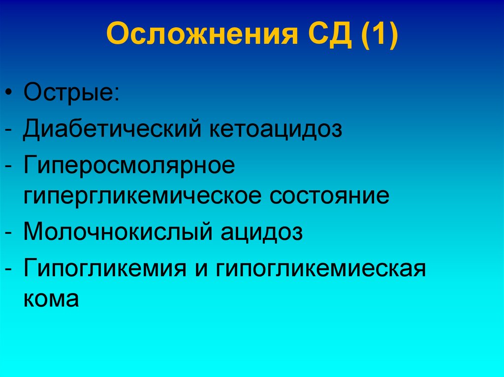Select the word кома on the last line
51,298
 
